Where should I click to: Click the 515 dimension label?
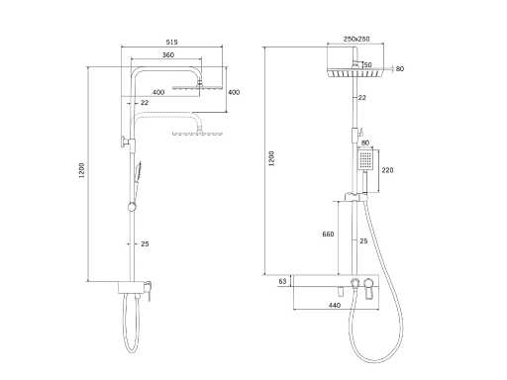(x=171, y=42)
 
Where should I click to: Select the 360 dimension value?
(x=168, y=55)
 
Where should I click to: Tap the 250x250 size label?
(x=356, y=39)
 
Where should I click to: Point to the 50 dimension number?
(x=367, y=65)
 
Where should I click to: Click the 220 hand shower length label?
(x=387, y=170)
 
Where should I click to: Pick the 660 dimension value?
(x=328, y=234)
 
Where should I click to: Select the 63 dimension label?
(x=282, y=281)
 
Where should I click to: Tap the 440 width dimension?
(x=335, y=305)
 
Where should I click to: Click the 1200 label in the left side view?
(x=82, y=170)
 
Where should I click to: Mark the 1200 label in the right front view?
(x=271, y=158)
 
